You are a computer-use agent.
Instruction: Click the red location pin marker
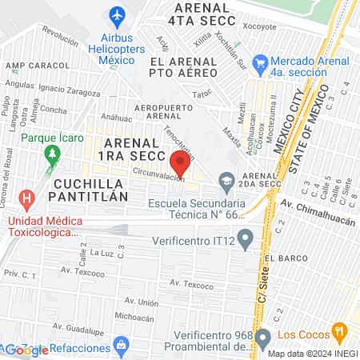pos(180,164)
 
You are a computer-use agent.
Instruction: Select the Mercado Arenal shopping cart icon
pos(259,62)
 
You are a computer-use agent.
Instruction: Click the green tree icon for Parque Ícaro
pos(53,152)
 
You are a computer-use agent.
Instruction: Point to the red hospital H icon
pos(27,198)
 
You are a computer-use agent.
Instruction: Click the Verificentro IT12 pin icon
pos(246,237)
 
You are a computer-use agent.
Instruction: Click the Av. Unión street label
pos(141,302)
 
